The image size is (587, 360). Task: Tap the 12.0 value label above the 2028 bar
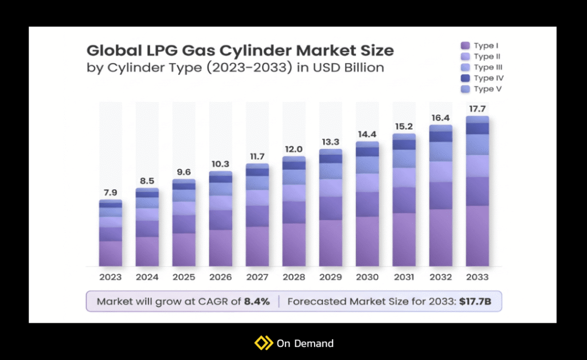point(293,148)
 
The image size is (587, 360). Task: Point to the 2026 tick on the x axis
point(220,277)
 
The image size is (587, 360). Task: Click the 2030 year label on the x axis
point(367,277)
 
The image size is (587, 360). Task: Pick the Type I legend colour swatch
point(465,46)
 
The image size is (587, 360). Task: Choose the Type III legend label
point(488,67)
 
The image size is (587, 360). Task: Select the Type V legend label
point(488,89)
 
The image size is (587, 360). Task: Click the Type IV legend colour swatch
point(465,78)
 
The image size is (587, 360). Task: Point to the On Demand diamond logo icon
point(263,343)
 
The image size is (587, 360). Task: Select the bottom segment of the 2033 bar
point(477,236)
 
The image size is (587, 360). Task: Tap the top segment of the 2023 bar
point(110,202)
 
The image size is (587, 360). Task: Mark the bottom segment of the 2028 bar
point(293,245)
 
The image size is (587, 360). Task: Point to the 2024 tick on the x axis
point(147,277)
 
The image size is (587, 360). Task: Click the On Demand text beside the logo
point(304,343)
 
